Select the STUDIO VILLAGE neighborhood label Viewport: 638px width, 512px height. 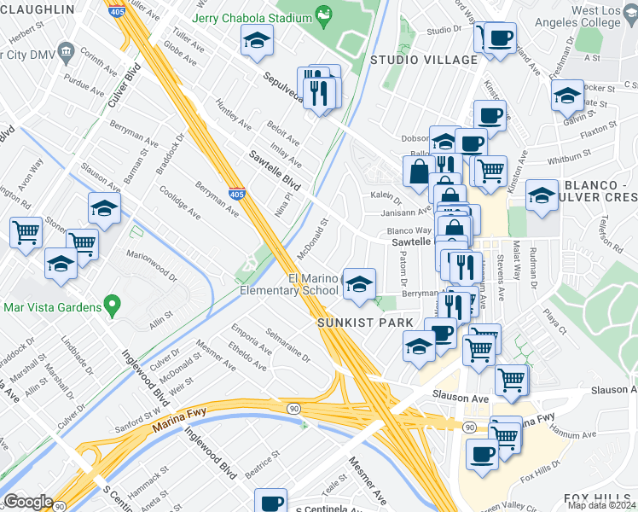tap(423, 59)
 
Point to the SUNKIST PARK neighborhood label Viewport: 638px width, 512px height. tap(365, 323)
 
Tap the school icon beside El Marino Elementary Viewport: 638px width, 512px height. tap(359, 284)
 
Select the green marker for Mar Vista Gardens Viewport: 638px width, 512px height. tap(111, 305)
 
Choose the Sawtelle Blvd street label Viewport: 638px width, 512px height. tap(275, 171)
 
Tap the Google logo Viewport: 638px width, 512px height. tap(27, 502)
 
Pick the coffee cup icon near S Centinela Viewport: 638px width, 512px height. tap(272, 502)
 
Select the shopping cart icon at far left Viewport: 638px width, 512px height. tap(26, 231)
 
